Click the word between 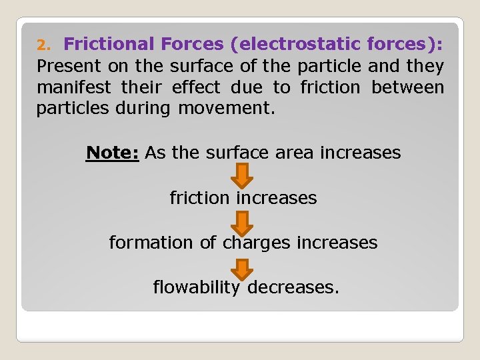407,87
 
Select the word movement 227,109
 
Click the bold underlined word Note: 112,153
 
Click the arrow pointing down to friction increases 243,175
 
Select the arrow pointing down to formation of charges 243,221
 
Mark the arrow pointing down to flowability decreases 243,267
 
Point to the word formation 151,243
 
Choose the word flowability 196,287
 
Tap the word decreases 293,287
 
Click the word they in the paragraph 424,66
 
